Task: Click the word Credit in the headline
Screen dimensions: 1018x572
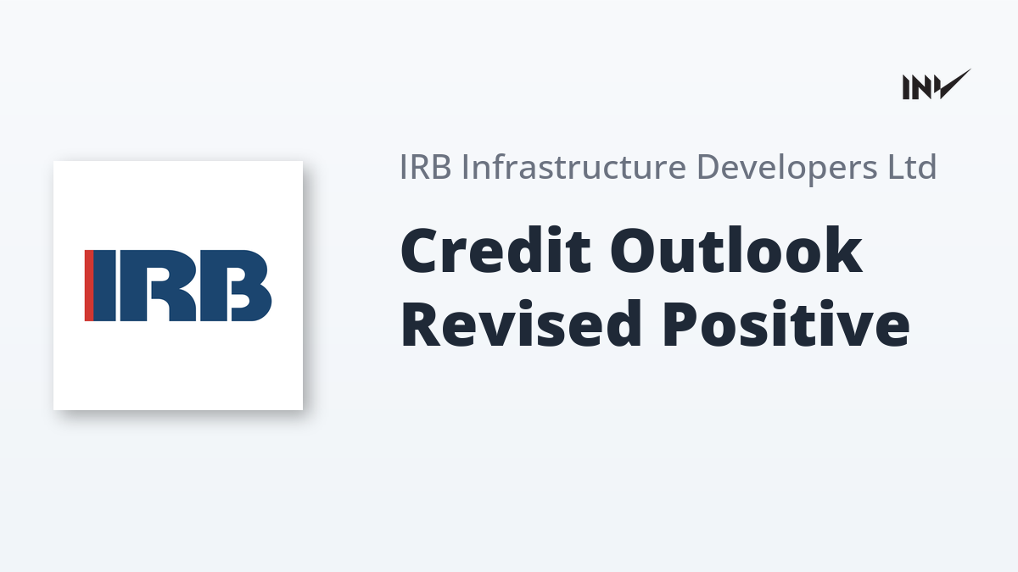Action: pos(495,250)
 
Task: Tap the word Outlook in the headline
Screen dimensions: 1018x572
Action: pos(736,250)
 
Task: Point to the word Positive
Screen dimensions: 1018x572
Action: pos(786,323)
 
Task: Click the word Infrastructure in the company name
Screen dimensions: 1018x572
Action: pos(573,167)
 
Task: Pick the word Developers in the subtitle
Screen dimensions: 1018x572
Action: pos(786,169)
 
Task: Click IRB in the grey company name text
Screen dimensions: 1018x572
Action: pos(425,167)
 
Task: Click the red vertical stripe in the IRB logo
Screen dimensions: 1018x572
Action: pos(89,286)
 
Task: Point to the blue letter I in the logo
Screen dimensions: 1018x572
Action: pos(105,286)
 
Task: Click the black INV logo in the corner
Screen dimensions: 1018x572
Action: pos(937,85)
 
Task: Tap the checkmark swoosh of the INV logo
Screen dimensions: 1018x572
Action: pos(954,85)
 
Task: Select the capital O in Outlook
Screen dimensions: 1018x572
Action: pos(637,251)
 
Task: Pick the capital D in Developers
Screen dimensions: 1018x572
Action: pos(709,167)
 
